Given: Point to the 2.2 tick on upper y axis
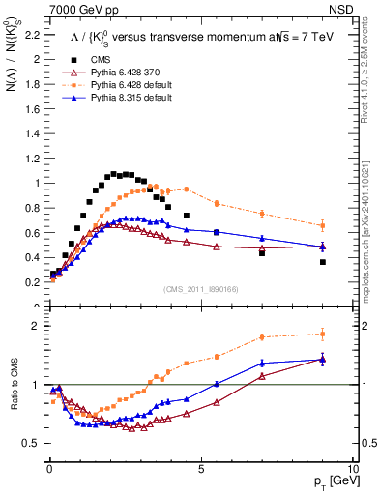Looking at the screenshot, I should (30, 35).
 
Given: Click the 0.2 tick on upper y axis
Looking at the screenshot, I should (30, 282).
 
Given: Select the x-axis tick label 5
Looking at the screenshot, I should (200, 468).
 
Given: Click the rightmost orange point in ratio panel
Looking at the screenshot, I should (323, 335).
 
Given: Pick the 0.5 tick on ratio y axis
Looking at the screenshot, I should (30, 443).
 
